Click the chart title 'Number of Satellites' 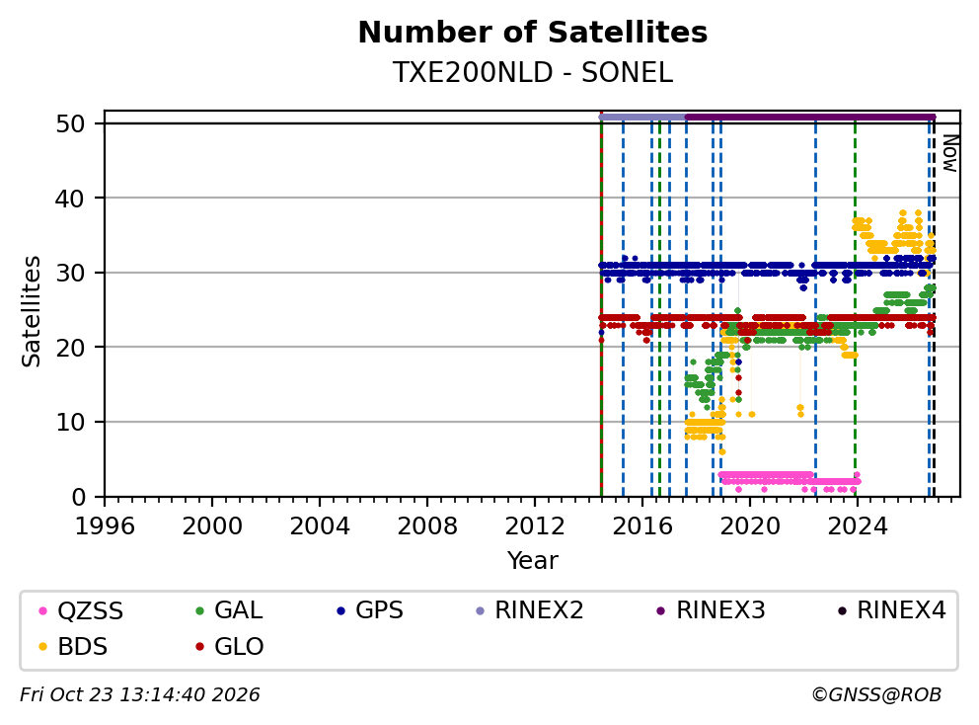click(x=533, y=33)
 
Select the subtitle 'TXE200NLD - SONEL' click(x=533, y=73)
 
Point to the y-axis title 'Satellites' click(x=31, y=311)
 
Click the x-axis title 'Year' click(x=533, y=561)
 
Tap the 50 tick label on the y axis click(x=70, y=123)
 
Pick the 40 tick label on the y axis click(x=70, y=199)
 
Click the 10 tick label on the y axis click(x=70, y=422)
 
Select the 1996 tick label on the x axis click(x=105, y=526)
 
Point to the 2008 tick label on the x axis click(x=427, y=526)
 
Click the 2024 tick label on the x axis click(x=858, y=526)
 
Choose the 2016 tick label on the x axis click(x=642, y=526)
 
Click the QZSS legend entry click(x=81, y=610)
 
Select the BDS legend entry click(x=73, y=646)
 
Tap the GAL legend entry click(x=229, y=610)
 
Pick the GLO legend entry click(x=230, y=646)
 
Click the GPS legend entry click(x=370, y=610)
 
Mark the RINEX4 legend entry click(x=892, y=610)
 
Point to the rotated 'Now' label click(x=950, y=153)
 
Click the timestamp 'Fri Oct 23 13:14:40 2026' click(x=140, y=695)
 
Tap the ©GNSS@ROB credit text click(x=876, y=695)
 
